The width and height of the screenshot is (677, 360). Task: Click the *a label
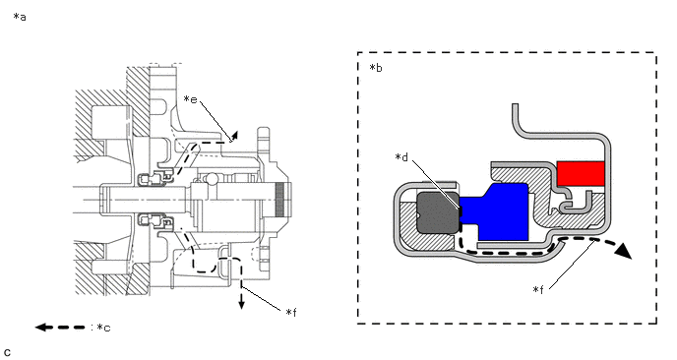(x=20, y=18)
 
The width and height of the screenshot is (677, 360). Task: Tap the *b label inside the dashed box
(x=376, y=68)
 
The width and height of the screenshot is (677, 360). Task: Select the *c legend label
(x=103, y=328)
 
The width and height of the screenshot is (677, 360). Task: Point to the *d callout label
(x=401, y=157)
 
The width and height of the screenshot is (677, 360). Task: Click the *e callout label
(x=191, y=99)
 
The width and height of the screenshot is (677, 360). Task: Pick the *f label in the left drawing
(x=291, y=312)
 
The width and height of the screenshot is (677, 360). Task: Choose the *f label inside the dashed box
(x=538, y=289)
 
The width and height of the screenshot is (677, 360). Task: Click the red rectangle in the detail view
(x=581, y=173)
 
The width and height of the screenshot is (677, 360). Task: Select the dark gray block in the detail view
(x=437, y=212)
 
